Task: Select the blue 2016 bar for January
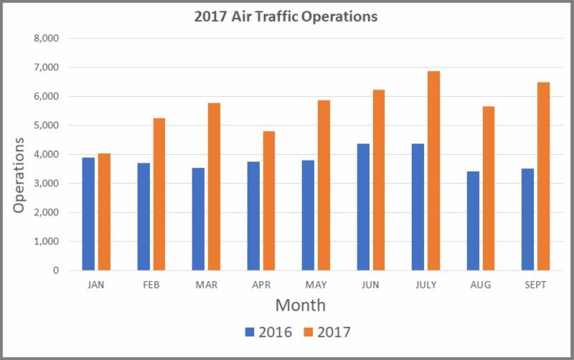[88, 214]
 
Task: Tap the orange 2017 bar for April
[268, 201]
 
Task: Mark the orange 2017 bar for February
[159, 194]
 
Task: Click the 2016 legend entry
[267, 332]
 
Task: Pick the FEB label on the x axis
[151, 285]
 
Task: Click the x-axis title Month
[301, 305]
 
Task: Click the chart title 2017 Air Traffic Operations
[286, 16]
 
